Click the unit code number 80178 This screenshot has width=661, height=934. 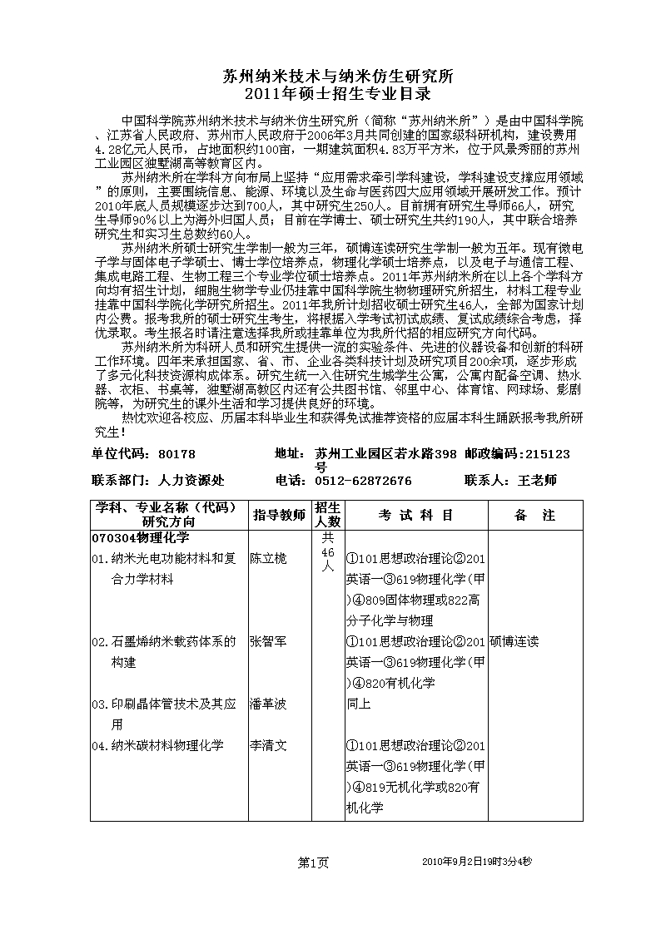pyautogui.click(x=176, y=454)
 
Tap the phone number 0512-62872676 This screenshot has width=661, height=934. pyautogui.click(x=364, y=481)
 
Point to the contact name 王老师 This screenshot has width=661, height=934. pyautogui.click(x=537, y=481)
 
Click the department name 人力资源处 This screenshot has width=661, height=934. pyautogui.click(x=191, y=481)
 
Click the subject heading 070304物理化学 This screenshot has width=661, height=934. pyautogui.click(x=142, y=538)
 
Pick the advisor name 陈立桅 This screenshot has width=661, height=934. pyautogui.click(x=268, y=558)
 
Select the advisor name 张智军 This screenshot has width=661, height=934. pyautogui.click(x=268, y=641)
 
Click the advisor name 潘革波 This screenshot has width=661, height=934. pyautogui.click(x=268, y=704)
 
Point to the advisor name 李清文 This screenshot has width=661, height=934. pyautogui.click(x=268, y=745)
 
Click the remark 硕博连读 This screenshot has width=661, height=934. pyautogui.click(x=514, y=641)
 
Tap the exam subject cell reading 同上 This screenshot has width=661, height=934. pyautogui.click(x=358, y=704)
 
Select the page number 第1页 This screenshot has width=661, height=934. pyautogui.click(x=313, y=862)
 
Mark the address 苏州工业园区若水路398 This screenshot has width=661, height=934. pyautogui.click(x=386, y=454)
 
